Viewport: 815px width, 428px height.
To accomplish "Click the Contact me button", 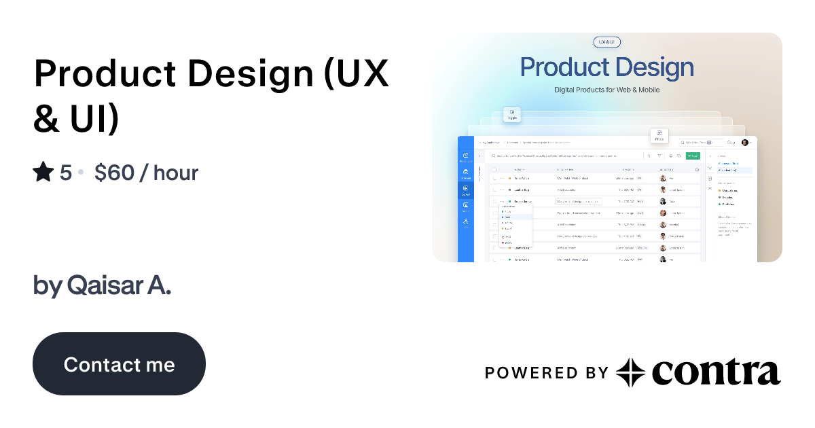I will (x=119, y=364).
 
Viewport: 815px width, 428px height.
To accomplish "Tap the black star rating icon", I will (x=43, y=173).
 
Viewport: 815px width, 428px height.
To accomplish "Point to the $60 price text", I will (x=114, y=173).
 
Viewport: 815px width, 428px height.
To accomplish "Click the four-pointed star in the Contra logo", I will (x=630, y=372).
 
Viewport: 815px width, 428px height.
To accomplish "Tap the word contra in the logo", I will (x=716, y=372).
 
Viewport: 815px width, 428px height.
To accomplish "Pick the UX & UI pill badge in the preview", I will (x=606, y=42).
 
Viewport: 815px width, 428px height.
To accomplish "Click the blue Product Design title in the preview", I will (x=606, y=67).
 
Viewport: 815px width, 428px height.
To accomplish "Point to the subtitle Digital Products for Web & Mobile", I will (x=606, y=90).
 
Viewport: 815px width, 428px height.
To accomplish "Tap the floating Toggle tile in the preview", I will (x=512, y=114).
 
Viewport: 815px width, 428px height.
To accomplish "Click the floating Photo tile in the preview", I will (x=659, y=136).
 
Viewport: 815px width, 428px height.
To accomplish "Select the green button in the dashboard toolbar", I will (x=692, y=156).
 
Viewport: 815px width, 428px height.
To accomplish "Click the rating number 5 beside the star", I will (x=65, y=173).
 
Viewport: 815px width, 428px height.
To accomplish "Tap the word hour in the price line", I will (x=176, y=173).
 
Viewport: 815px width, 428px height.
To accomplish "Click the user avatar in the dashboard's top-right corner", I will (x=745, y=143).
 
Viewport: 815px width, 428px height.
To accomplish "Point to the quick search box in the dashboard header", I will (x=700, y=143).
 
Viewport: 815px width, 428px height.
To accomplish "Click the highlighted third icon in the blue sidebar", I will (x=465, y=190).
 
